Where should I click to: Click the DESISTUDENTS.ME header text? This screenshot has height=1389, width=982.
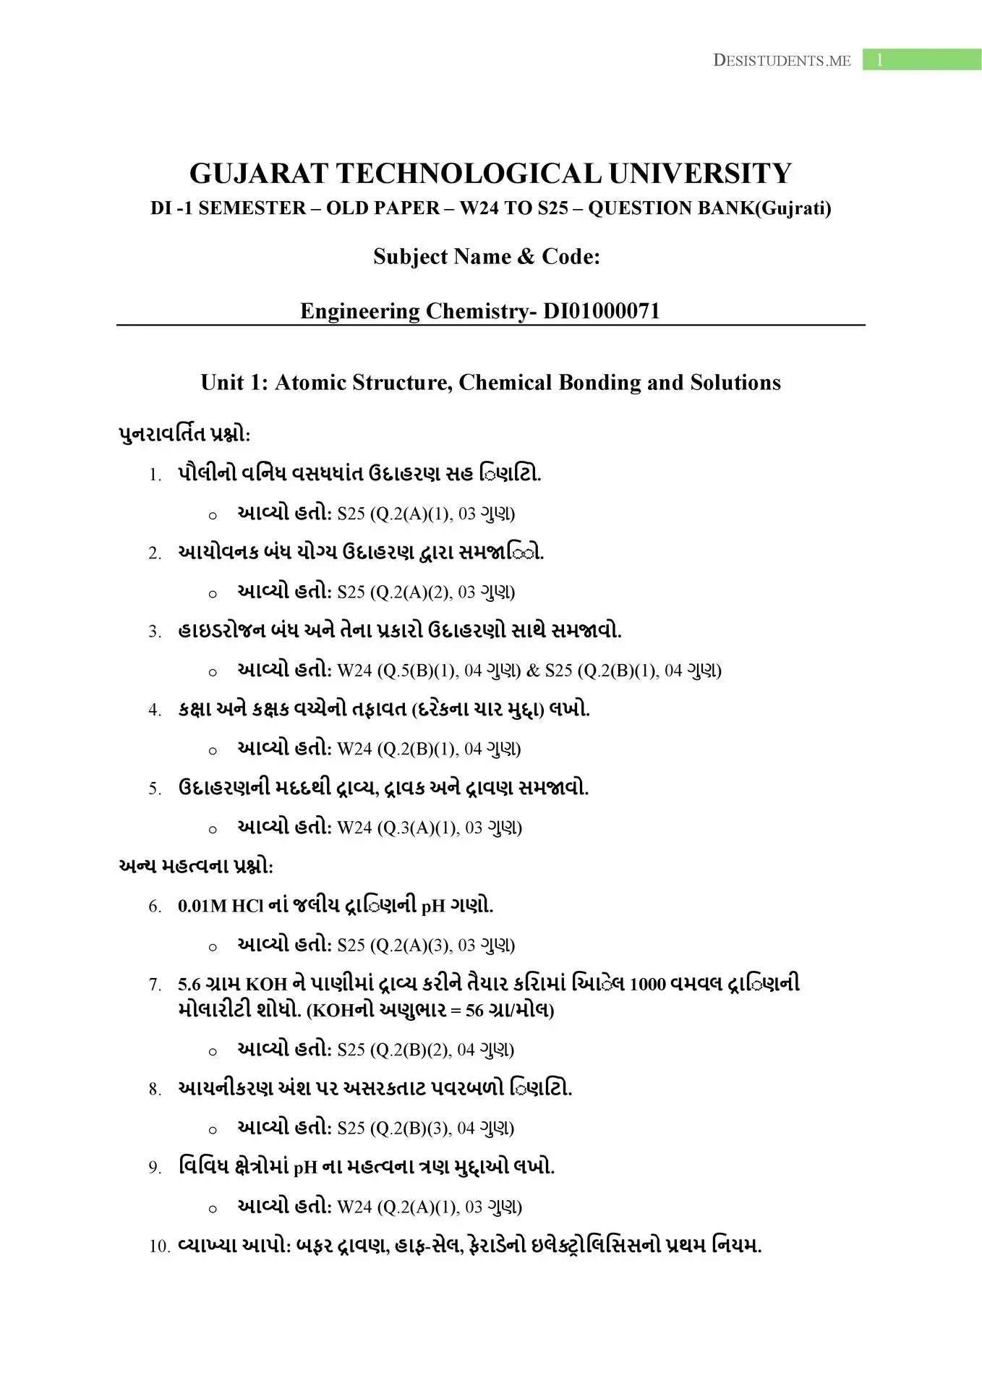(782, 61)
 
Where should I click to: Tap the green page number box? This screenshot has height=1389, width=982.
(921, 60)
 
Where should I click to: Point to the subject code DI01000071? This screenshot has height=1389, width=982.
(602, 311)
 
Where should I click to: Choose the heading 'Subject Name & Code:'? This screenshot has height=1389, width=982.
(487, 257)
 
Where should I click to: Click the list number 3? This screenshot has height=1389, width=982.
(155, 632)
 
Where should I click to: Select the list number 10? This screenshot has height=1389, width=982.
(158, 1246)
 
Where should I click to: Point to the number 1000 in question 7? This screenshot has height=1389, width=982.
(647, 985)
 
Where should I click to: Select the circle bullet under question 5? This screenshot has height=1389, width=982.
(213, 830)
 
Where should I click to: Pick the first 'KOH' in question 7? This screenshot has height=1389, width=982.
(267, 985)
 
